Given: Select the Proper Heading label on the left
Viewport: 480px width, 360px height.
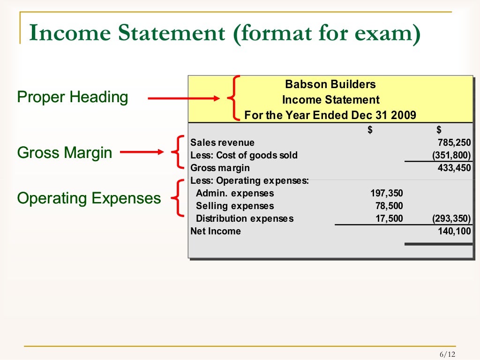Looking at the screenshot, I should point(72,97).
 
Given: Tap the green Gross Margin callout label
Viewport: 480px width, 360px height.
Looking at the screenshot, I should point(65,153).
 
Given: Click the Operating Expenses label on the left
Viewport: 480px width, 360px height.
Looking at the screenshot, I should point(89,198).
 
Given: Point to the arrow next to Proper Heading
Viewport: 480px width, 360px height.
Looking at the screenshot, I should point(183,98).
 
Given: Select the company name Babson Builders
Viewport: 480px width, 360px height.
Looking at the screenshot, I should point(330,84).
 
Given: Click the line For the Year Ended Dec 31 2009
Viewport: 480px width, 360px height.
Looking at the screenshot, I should point(330,115).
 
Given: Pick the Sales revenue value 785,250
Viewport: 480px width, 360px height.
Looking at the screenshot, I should point(454,142).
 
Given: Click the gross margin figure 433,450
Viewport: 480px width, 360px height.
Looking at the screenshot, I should point(454,168).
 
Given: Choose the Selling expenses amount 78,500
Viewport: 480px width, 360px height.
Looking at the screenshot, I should point(389,206).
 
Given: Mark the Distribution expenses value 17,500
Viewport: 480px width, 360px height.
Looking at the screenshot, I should point(389,218).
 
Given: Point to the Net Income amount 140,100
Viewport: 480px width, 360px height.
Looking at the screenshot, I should point(454,231).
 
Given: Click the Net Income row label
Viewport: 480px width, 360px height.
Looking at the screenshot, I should point(216,231).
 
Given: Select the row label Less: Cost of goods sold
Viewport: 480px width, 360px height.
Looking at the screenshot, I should point(244,155).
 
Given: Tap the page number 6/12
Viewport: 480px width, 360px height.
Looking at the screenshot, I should point(447,354).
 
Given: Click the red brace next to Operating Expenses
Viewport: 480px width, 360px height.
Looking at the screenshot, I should point(177,198).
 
